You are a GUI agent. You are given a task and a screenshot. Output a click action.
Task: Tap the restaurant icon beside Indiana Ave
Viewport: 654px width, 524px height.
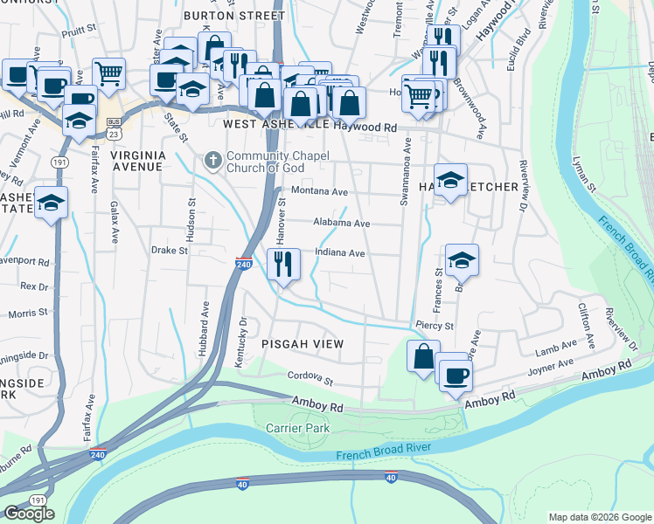click(x=282, y=263)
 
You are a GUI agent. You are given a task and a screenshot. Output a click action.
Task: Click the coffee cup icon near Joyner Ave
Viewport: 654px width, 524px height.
click(x=455, y=376)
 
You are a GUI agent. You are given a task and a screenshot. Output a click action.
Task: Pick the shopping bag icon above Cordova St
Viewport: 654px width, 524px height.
click(x=423, y=357)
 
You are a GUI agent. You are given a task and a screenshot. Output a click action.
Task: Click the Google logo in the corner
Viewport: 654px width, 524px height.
click(x=29, y=514)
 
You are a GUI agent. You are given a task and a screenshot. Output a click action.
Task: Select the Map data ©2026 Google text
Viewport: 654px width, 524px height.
click(x=600, y=517)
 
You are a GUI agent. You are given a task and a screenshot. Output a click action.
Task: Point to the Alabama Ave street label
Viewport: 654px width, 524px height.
click(x=342, y=224)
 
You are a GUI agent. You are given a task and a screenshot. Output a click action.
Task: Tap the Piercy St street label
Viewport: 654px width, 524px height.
click(x=435, y=326)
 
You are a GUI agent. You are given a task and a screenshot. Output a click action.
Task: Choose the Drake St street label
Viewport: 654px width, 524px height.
click(x=170, y=251)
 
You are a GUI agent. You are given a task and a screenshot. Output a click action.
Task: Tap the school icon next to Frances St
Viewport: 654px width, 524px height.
click(x=462, y=259)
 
